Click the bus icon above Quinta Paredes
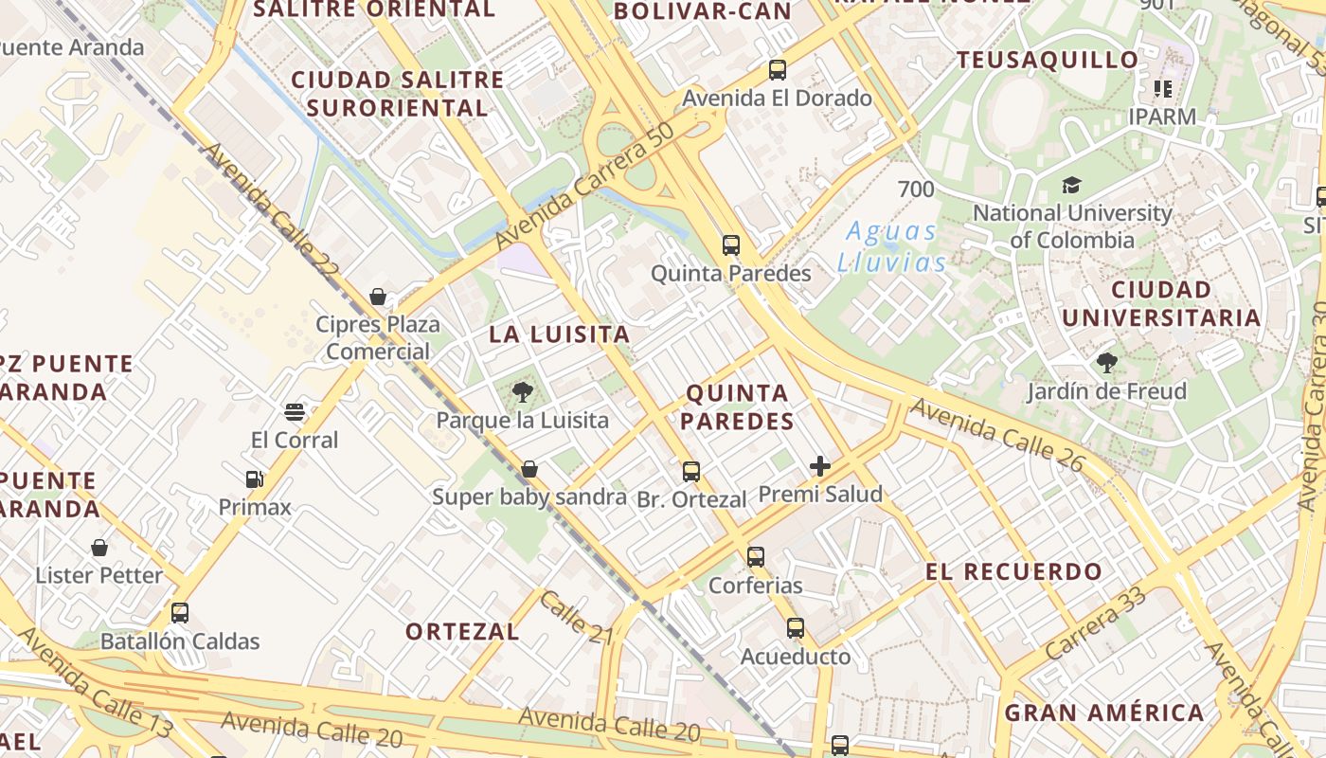pos(730,245)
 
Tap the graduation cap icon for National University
pos(1071,185)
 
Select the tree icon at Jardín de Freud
pos(1106,362)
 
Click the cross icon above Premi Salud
pos(820,466)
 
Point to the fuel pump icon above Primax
pos(254,479)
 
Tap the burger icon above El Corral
pos(295,412)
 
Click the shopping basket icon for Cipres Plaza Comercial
pos(378,297)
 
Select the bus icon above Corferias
pos(755,557)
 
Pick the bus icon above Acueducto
pos(796,628)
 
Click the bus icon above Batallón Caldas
pos(180,613)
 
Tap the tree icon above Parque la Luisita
pos(522,391)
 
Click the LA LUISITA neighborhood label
pos(559,334)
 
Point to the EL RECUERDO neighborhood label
pos(1013,572)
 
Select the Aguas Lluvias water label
pos(891,246)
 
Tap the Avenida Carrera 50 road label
pos(584,187)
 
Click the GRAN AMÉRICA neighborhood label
pos(1104,713)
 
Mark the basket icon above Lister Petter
pos(99,548)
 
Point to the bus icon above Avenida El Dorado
pos(778,70)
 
